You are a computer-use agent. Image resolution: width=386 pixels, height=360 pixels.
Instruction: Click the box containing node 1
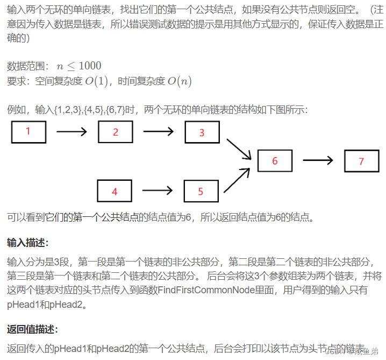(28, 132)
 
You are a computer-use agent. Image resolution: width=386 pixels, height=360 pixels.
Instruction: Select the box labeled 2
(115, 132)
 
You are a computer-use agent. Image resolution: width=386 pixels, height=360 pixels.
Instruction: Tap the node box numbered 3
(202, 132)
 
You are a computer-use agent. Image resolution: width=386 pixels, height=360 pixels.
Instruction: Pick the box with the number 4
(115, 191)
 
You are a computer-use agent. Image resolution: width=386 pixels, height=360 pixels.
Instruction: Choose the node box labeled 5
(201, 191)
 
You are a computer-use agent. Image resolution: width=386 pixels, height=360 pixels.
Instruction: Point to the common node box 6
(275, 161)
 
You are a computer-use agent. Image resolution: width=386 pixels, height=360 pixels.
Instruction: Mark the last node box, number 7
(361, 161)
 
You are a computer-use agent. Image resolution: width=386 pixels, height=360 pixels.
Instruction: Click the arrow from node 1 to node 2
(72, 131)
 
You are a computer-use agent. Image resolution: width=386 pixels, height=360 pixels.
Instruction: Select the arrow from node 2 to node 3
(158, 131)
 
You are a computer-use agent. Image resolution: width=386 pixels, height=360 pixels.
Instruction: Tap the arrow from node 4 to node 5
(158, 190)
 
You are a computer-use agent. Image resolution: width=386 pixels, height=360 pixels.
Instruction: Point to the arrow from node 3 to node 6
(239, 149)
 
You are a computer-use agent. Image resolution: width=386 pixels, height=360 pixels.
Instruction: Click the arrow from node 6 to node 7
(318, 160)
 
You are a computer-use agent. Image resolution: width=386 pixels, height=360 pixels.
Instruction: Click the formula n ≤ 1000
(79, 66)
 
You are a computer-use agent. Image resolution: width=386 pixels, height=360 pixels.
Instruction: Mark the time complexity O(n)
(179, 82)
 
